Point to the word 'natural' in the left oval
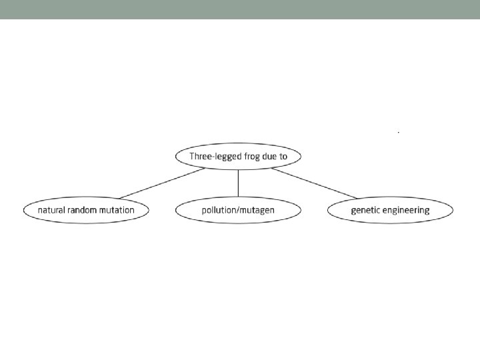pos(51,210)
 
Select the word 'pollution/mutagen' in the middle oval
pos(238,210)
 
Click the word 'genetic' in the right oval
pos(366,210)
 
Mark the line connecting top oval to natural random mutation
pos(162,183)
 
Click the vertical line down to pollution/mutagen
pos(238,183)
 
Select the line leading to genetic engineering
pos(313,183)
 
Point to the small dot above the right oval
pos(398,133)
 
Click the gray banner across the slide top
pos(240,9)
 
